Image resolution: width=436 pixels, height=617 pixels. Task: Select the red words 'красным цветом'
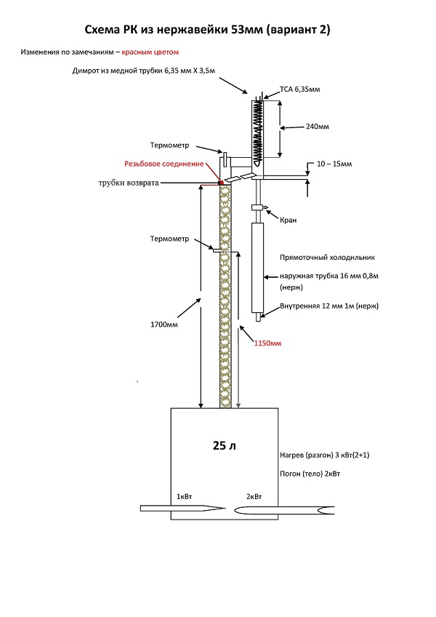pos(150,52)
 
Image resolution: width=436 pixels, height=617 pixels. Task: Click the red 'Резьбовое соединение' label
pos(163,164)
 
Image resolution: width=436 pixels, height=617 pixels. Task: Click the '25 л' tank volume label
pos(225,445)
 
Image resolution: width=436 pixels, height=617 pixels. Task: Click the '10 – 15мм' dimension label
pos(335,164)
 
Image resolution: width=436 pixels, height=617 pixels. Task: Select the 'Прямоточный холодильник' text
pos(323,258)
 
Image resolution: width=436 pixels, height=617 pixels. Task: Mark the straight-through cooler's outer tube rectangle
pos(257,268)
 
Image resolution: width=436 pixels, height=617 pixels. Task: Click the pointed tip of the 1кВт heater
pos(221,508)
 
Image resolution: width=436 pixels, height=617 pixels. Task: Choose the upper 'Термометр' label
pos(170,146)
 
